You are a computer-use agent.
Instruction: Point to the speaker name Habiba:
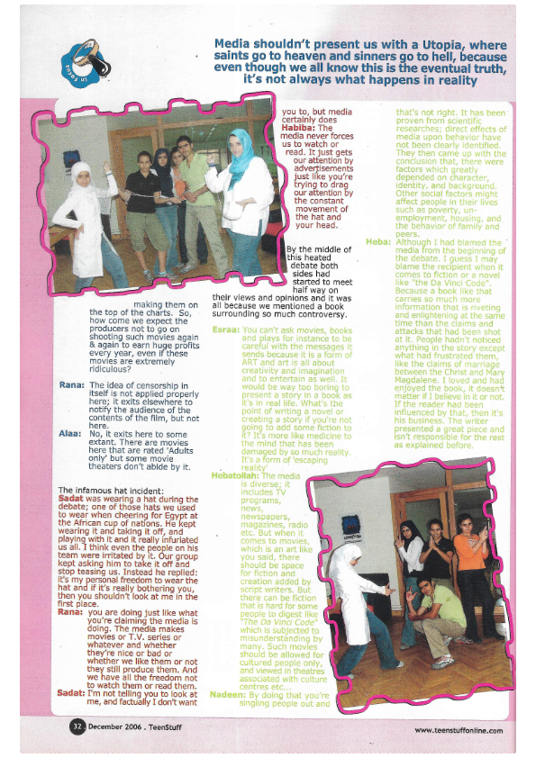point(300,128)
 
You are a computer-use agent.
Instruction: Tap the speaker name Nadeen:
point(225,694)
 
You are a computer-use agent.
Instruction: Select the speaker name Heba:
point(377,240)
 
